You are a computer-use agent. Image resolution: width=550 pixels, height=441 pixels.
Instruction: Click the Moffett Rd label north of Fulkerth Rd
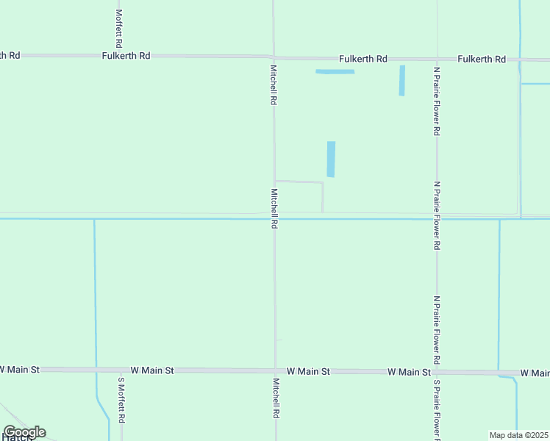pos(118,28)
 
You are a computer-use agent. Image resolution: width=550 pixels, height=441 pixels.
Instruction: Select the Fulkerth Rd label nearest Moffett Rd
pos(126,56)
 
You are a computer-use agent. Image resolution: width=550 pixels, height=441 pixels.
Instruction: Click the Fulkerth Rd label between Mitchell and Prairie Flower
pos(363,59)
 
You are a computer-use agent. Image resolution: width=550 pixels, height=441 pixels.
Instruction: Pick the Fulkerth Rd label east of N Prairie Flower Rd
pos(482,59)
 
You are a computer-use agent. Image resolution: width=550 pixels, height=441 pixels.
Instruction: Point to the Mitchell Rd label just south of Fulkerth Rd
pos(274,85)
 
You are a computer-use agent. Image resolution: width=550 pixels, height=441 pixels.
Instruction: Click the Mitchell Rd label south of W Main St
pos(276,398)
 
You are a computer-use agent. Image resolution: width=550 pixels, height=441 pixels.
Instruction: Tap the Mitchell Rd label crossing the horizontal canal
pos(274,209)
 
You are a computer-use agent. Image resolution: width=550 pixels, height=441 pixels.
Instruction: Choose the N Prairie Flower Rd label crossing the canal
pos(437,216)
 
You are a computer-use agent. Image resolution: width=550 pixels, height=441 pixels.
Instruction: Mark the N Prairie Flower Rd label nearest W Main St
pos(437,331)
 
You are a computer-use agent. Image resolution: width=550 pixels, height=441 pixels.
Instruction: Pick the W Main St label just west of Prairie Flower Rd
pos(409,373)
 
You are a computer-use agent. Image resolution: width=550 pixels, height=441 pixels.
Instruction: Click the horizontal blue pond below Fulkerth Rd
pos(335,71)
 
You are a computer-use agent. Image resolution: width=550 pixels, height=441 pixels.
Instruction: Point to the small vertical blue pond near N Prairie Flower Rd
pos(401,80)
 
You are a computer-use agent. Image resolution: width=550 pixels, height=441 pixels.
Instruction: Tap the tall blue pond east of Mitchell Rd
pos(331,159)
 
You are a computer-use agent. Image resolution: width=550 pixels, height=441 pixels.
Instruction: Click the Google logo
pos(24,432)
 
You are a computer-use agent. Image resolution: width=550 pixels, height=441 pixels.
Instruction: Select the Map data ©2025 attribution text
pos(518,435)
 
